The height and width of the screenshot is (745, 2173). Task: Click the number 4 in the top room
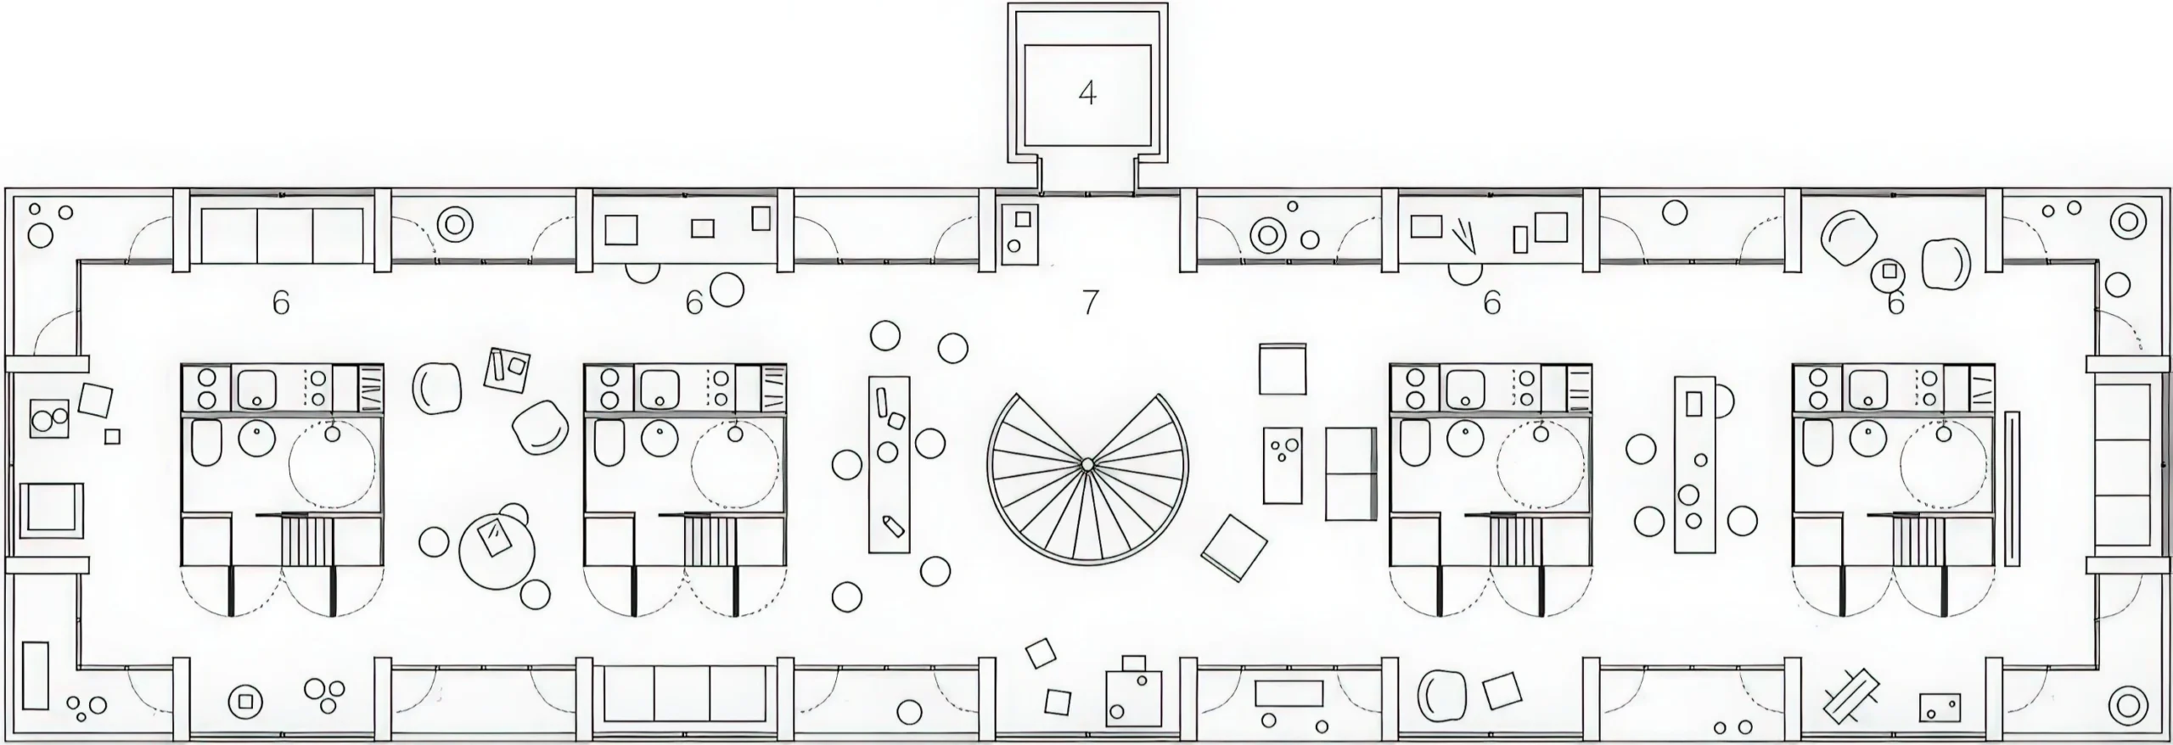1087,93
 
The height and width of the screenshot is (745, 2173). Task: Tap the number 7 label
1090,301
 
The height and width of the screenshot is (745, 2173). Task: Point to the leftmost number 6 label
281,302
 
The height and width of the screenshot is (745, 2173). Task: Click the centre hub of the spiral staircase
1086,463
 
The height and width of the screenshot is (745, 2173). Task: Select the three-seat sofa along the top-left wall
284,235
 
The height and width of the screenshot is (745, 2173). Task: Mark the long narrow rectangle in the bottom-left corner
35,675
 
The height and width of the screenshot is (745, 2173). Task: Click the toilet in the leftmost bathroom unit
205,443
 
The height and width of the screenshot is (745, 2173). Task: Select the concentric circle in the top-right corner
2127,221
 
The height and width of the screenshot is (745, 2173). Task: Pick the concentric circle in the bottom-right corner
2127,706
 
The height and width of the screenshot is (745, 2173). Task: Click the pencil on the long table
891,524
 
